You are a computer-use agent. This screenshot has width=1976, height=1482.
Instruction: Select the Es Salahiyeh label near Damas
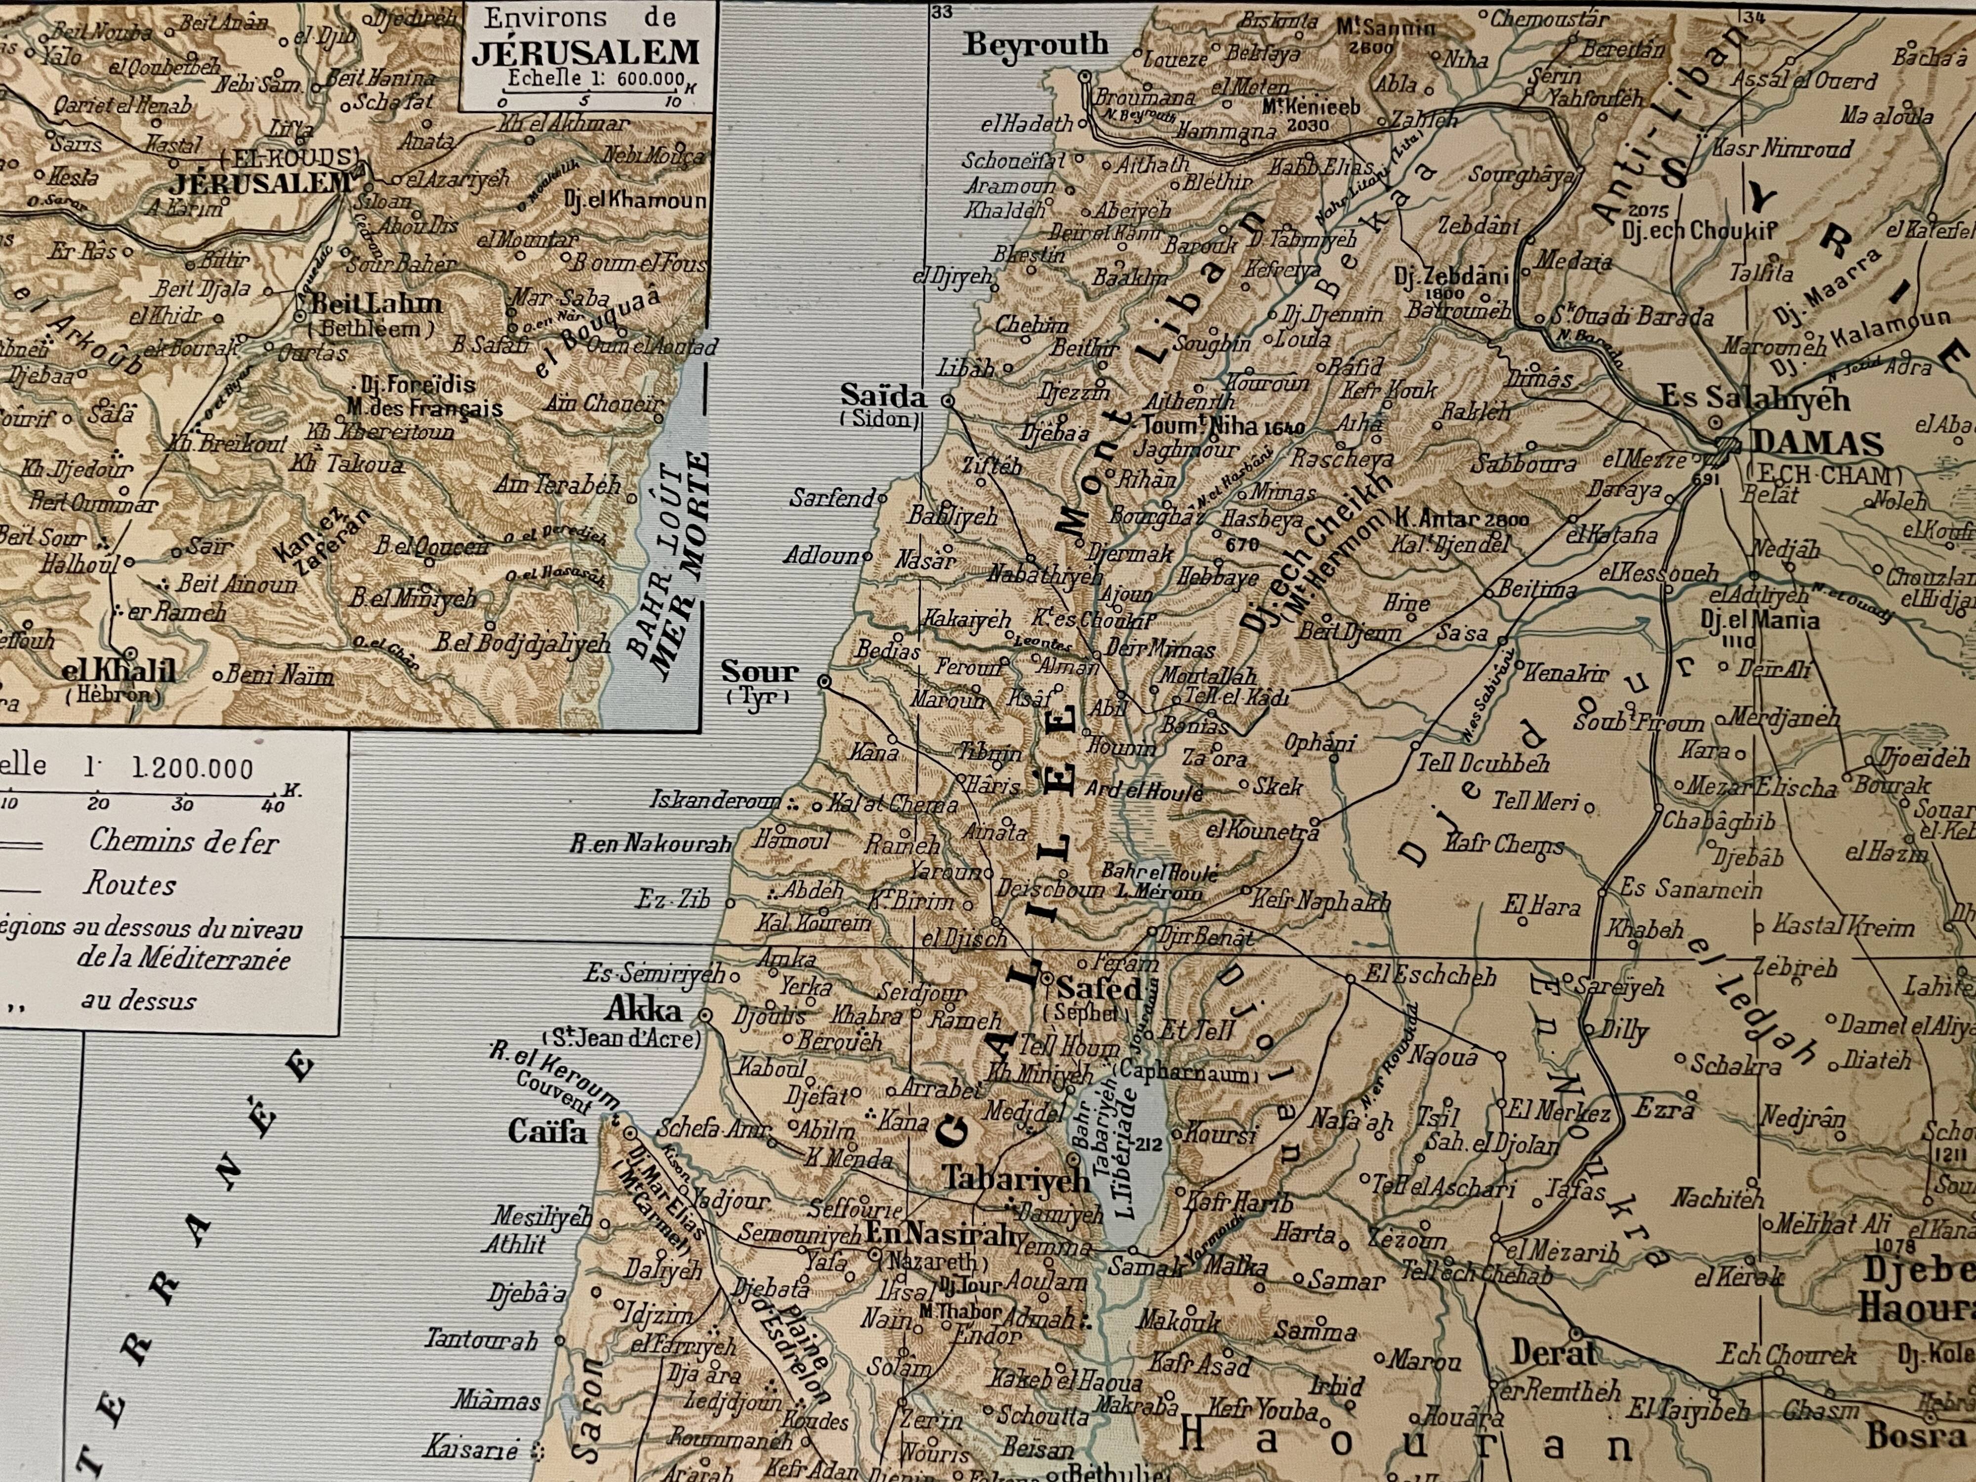1755,399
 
